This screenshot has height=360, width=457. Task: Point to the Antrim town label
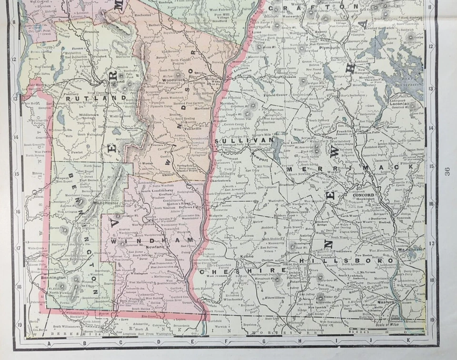[x=305, y=235]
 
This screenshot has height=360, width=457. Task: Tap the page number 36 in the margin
[x=447, y=171]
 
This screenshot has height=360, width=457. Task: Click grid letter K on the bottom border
[x=408, y=340]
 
